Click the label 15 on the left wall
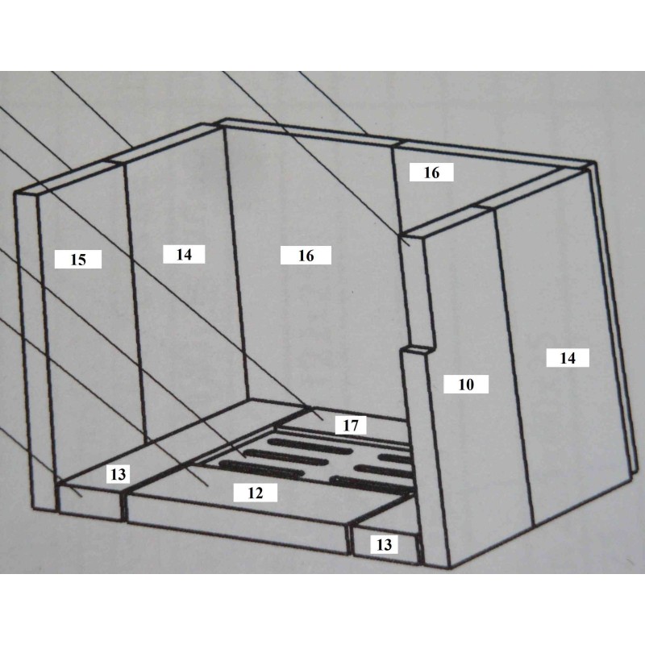tap(78, 260)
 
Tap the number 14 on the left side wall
tap(184, 254)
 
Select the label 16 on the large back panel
tap(306, 256)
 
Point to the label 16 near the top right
tap(431, 173)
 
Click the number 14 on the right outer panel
tap(568, 358)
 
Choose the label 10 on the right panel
tap(466, 385)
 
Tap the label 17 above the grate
tap(351, 425)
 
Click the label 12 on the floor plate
tap(256, 493)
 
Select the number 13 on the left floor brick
tap(119, 474)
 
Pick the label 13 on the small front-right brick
tap(385, 544)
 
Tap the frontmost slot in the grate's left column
tap(260, 469)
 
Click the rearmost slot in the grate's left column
tap(310, 446)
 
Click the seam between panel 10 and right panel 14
tap(514, 367)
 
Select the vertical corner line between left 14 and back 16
tap(237, 264)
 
